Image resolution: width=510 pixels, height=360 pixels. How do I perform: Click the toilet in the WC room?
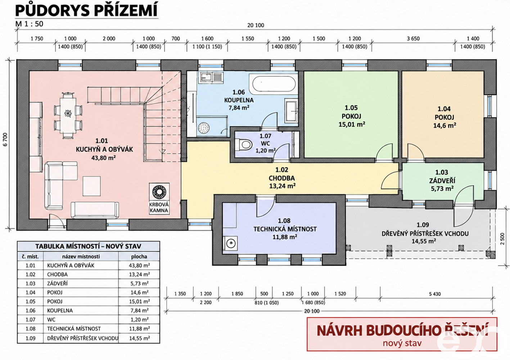(244, 144)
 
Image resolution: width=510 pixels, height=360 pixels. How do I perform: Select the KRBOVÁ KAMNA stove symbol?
(159, 191)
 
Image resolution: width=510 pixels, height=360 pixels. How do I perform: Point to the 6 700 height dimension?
(5, 139)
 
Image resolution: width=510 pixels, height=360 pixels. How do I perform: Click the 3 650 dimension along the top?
(413, 39)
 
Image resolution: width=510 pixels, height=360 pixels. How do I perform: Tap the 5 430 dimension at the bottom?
(435, 294)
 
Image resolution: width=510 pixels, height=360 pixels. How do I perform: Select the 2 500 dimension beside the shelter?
(502, 239)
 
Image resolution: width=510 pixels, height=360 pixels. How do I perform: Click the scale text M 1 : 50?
(29, 24)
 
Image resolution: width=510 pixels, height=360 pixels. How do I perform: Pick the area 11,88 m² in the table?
(139, 329)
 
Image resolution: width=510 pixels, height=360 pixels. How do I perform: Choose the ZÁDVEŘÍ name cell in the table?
(57, 283)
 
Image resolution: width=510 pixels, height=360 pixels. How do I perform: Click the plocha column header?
(139, 256)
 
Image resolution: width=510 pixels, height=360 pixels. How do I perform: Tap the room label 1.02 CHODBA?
(282, 174)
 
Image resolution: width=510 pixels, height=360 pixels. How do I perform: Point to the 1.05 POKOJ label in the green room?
(351, 112)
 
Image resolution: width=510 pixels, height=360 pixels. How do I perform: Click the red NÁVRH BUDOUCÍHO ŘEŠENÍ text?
(402, 331)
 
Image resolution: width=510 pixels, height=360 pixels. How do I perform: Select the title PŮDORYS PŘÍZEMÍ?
(86, 10)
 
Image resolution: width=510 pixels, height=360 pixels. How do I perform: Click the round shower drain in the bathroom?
(204, 128)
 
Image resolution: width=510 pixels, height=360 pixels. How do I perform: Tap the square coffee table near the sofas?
(91, 186)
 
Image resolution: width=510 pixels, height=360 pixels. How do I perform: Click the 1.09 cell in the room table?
(31, 338)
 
